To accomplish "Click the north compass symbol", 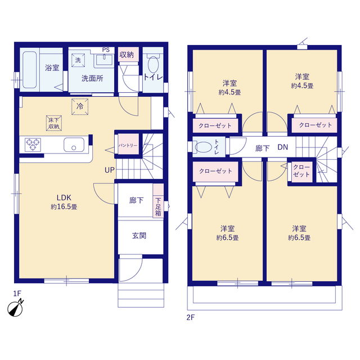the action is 15,308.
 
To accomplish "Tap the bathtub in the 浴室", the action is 30,70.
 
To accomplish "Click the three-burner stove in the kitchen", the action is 33,145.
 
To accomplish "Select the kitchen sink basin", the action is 74,145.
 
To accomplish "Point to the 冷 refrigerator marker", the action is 80,106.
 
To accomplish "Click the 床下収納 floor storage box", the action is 54,123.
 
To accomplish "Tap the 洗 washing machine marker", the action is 78,60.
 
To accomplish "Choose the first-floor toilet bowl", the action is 153,64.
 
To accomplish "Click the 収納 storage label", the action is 127,55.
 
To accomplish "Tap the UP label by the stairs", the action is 110,170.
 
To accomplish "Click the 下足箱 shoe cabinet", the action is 158,200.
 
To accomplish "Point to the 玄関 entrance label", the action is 139,236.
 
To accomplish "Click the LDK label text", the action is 64,197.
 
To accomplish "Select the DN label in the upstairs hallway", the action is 282,147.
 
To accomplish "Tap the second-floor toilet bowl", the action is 203,147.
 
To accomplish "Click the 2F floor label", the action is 190,317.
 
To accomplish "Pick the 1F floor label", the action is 17,294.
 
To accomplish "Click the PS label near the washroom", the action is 106,50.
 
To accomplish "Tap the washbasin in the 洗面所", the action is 104,60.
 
